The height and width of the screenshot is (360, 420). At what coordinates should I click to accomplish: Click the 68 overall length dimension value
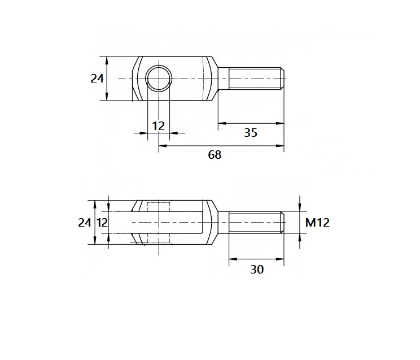coord(215,155)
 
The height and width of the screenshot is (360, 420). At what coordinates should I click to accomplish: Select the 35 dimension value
coord(250,133)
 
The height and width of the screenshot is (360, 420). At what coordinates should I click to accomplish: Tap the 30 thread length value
coord(257,270)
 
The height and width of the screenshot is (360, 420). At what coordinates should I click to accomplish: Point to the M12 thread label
coord(317,222)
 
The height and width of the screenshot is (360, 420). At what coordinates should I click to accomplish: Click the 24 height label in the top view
coord(97,79)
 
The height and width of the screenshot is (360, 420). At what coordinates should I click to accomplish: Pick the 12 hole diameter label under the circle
coord(159,125)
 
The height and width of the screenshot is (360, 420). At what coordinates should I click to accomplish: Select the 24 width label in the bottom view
coord(84,222)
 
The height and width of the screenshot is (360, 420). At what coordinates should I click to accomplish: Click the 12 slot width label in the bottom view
coord(102,222)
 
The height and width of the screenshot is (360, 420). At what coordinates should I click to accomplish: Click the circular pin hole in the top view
coord(159,78)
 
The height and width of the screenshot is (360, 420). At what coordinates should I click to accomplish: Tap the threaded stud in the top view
coord(255,78)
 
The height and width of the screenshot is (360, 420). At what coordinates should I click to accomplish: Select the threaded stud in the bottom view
coord(255,222)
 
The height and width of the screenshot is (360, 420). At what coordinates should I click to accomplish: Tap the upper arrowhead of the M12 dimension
coord(300,208)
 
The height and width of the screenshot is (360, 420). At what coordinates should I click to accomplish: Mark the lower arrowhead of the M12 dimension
coord(300,236)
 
